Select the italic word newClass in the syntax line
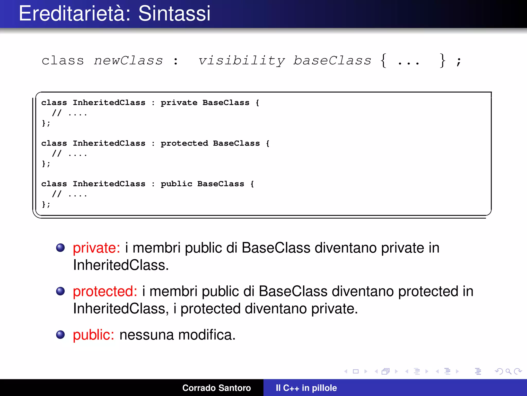pyautogui.click(x=128, y=61)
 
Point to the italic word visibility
pyautogui.click(x=241, y=61)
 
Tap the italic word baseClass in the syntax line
pyautogui.click(x=332, y=61)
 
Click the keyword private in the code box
pyautogui.click(x=179, y=103)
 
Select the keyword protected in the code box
pyautogui.click(x=184, y=143)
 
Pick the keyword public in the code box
pyautogui.click(x=176, y=184)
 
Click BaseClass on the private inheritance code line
pyautogui.click(x=226, y=103)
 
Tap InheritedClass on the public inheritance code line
pyautogui.click(x=109, y=184)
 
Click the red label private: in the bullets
pyautogui.click(x=96, y=248)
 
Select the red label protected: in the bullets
pyautogui.click(x=105, y=292)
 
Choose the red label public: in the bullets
pyautogui.click(x=93, y=335)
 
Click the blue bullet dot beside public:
pyautogui.click(x=60, y=335)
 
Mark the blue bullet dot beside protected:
pyautogui.click(x=60, y=291)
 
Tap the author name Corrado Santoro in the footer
pyautogui.click(x=216, y=388)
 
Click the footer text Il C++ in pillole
pyautogui.click(x=306, y=388)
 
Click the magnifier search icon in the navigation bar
pyautogui.click(x=508, y=371)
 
